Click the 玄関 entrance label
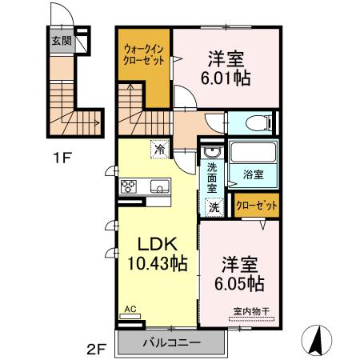coord(60,39)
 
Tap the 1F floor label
coord(62,157)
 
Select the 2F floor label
coord(97,348)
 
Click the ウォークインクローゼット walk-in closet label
coord(144,54)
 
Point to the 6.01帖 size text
coord(226,80)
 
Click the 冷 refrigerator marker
coord(159,149)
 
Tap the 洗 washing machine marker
coord(214,206)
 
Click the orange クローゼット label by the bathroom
coord(258,206)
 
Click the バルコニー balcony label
coord(171,343)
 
